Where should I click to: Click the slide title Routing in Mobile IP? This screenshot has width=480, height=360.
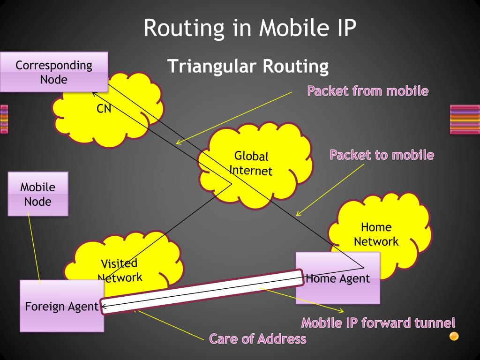pyautogui.click(x=250, y=28)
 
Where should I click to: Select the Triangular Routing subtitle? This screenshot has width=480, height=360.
pyautogui.click(x=248, y=67)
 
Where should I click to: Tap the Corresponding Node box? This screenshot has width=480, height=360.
pyautogui.click(x=54, y=72)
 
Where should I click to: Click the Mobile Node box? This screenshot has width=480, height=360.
pyautogui.click(x=38, y=194)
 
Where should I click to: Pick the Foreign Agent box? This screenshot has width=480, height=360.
pyautogui.click(x=61, y=307)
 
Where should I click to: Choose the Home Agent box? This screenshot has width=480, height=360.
pyautogui.click(x=337, y=278)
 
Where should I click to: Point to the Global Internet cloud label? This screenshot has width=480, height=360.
pyautogui.click(x=251, y=163)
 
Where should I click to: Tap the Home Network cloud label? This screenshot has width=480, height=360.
pyautogui.click(x=376, y=234)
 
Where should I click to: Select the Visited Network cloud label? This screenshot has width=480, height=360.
pyautogui.click(x=120, y=270)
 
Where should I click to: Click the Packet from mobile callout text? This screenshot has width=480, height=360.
pyautogui.click(x=367, y=91)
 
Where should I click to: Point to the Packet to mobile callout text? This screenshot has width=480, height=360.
pyautogui.click(x=382, y=155)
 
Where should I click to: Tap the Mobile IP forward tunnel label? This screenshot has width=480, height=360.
pyautogui.click(x=378, y=323)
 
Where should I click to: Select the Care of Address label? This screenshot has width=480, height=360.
pyautogui.click(x=258, y=338)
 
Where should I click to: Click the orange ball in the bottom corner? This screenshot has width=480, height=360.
pyautogui.click(x=454, y=336)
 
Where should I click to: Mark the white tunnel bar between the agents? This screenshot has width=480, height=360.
pyautogui.click(x=202, y=291)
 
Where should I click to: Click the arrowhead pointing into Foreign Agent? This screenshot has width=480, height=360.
pyautogui.click(x=104, y=307)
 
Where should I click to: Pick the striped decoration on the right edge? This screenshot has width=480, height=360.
pyautogui.click(x=465, y=119)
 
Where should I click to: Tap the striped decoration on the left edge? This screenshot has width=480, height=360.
pyautogui.click(x=4, y=119)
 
